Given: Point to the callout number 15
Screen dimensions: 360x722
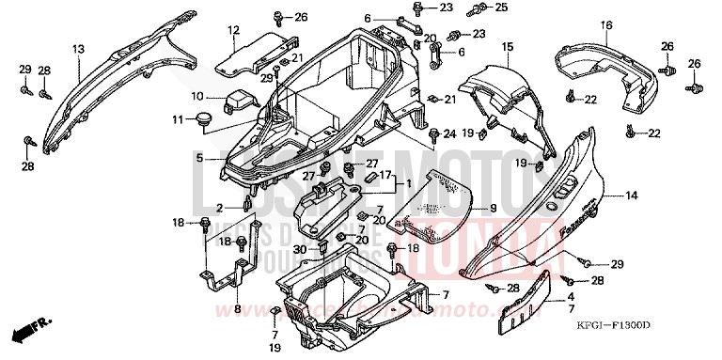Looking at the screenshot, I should [x=507, y=46].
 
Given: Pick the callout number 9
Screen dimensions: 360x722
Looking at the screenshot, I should [x=492, y=207].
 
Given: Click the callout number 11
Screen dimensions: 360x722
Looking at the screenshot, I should [x=178, y=118].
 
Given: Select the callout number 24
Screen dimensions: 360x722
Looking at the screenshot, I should [x=449, y=133].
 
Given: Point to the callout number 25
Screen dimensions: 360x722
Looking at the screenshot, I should [x=501, y=8].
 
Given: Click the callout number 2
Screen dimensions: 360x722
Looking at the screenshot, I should [x=219, y=208].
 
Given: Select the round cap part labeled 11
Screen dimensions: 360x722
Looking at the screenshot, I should [x=201, y=118].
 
